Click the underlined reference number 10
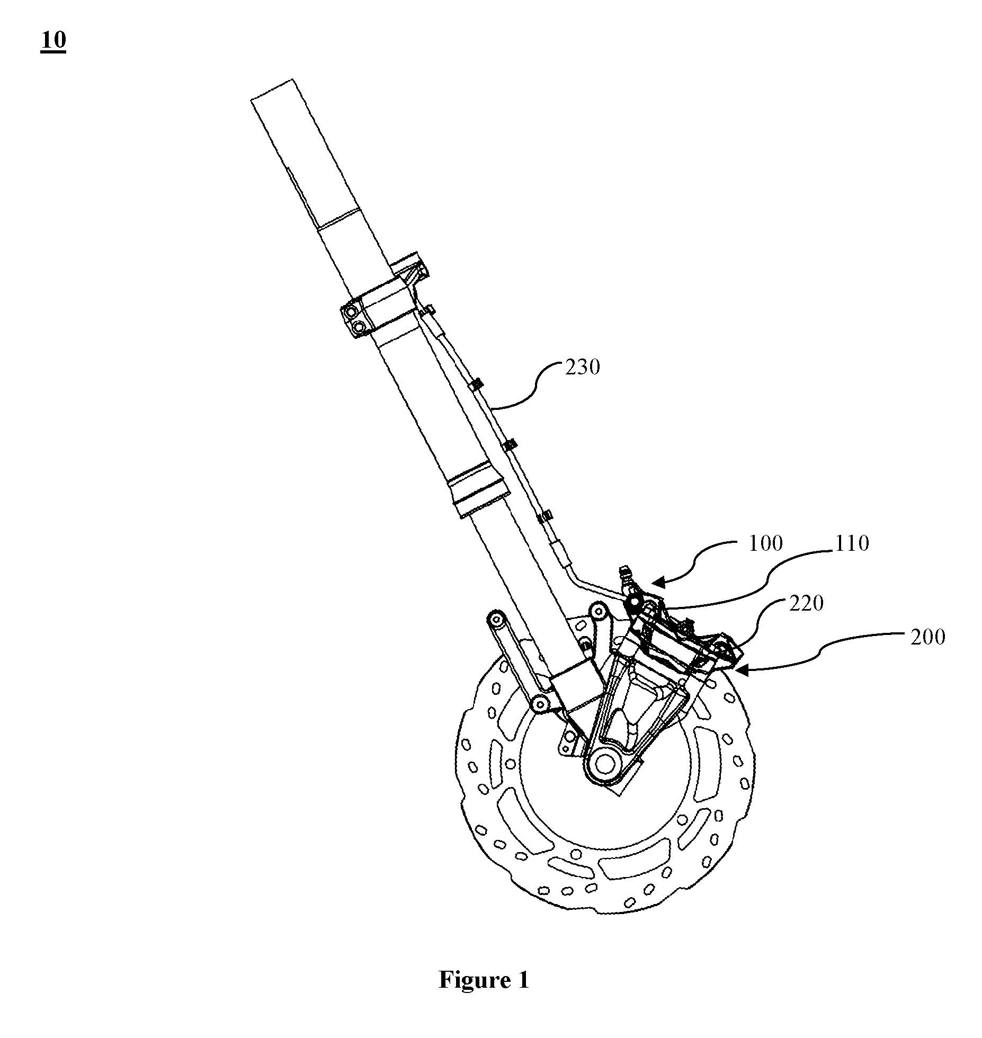pos(53,41)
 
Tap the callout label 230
pos(582,367)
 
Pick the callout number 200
pos(928,637)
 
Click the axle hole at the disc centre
pos(604,764)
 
